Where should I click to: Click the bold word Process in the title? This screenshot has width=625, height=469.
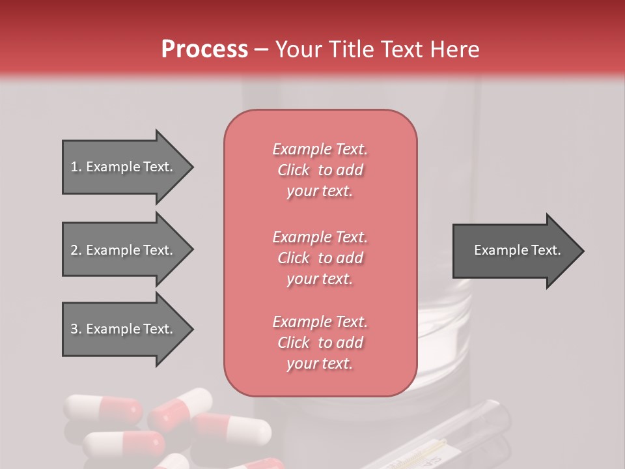click(204, 50)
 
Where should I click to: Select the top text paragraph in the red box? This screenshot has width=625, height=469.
click(320, 170)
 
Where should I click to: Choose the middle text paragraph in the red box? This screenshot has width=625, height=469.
click(320, 258)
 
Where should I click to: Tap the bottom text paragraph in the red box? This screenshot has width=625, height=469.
click(320, 343)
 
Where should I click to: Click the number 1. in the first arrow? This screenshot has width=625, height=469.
click(76, 167)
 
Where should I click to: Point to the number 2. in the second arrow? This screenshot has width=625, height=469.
click(76, 250)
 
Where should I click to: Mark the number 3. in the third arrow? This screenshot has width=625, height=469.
click(76, 329)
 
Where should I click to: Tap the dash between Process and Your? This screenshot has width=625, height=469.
click(261, 50)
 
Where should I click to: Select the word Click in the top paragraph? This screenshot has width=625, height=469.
click(294, 170)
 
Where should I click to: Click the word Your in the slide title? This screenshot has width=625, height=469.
click(298, 50)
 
